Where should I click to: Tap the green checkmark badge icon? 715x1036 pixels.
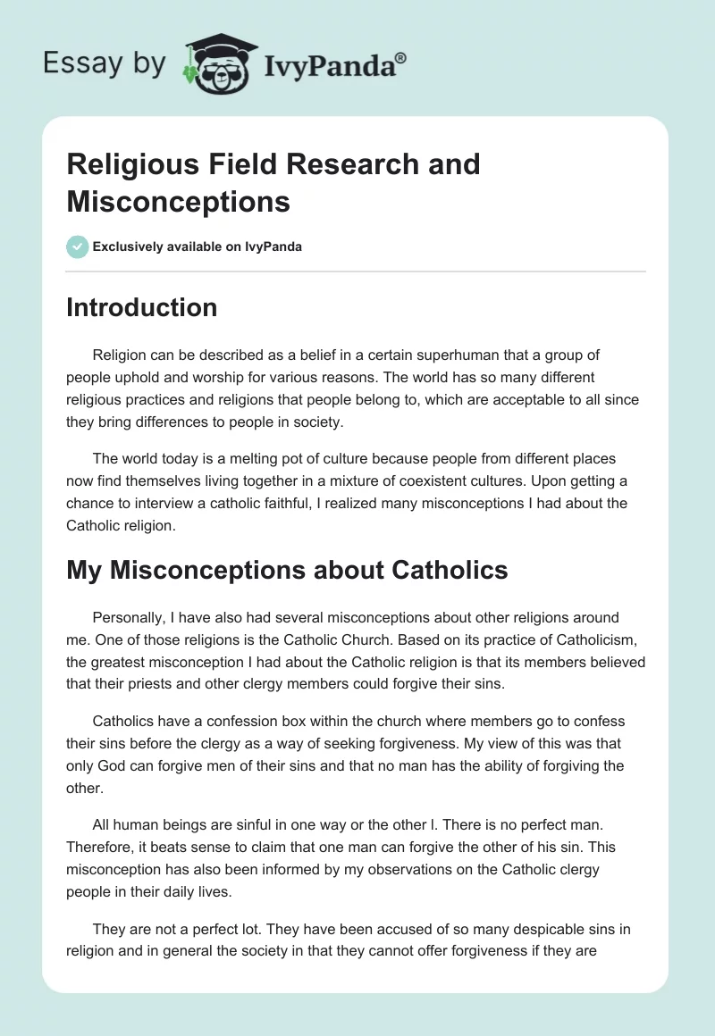[78, 246]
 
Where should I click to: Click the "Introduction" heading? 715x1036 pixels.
[141, 307]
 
